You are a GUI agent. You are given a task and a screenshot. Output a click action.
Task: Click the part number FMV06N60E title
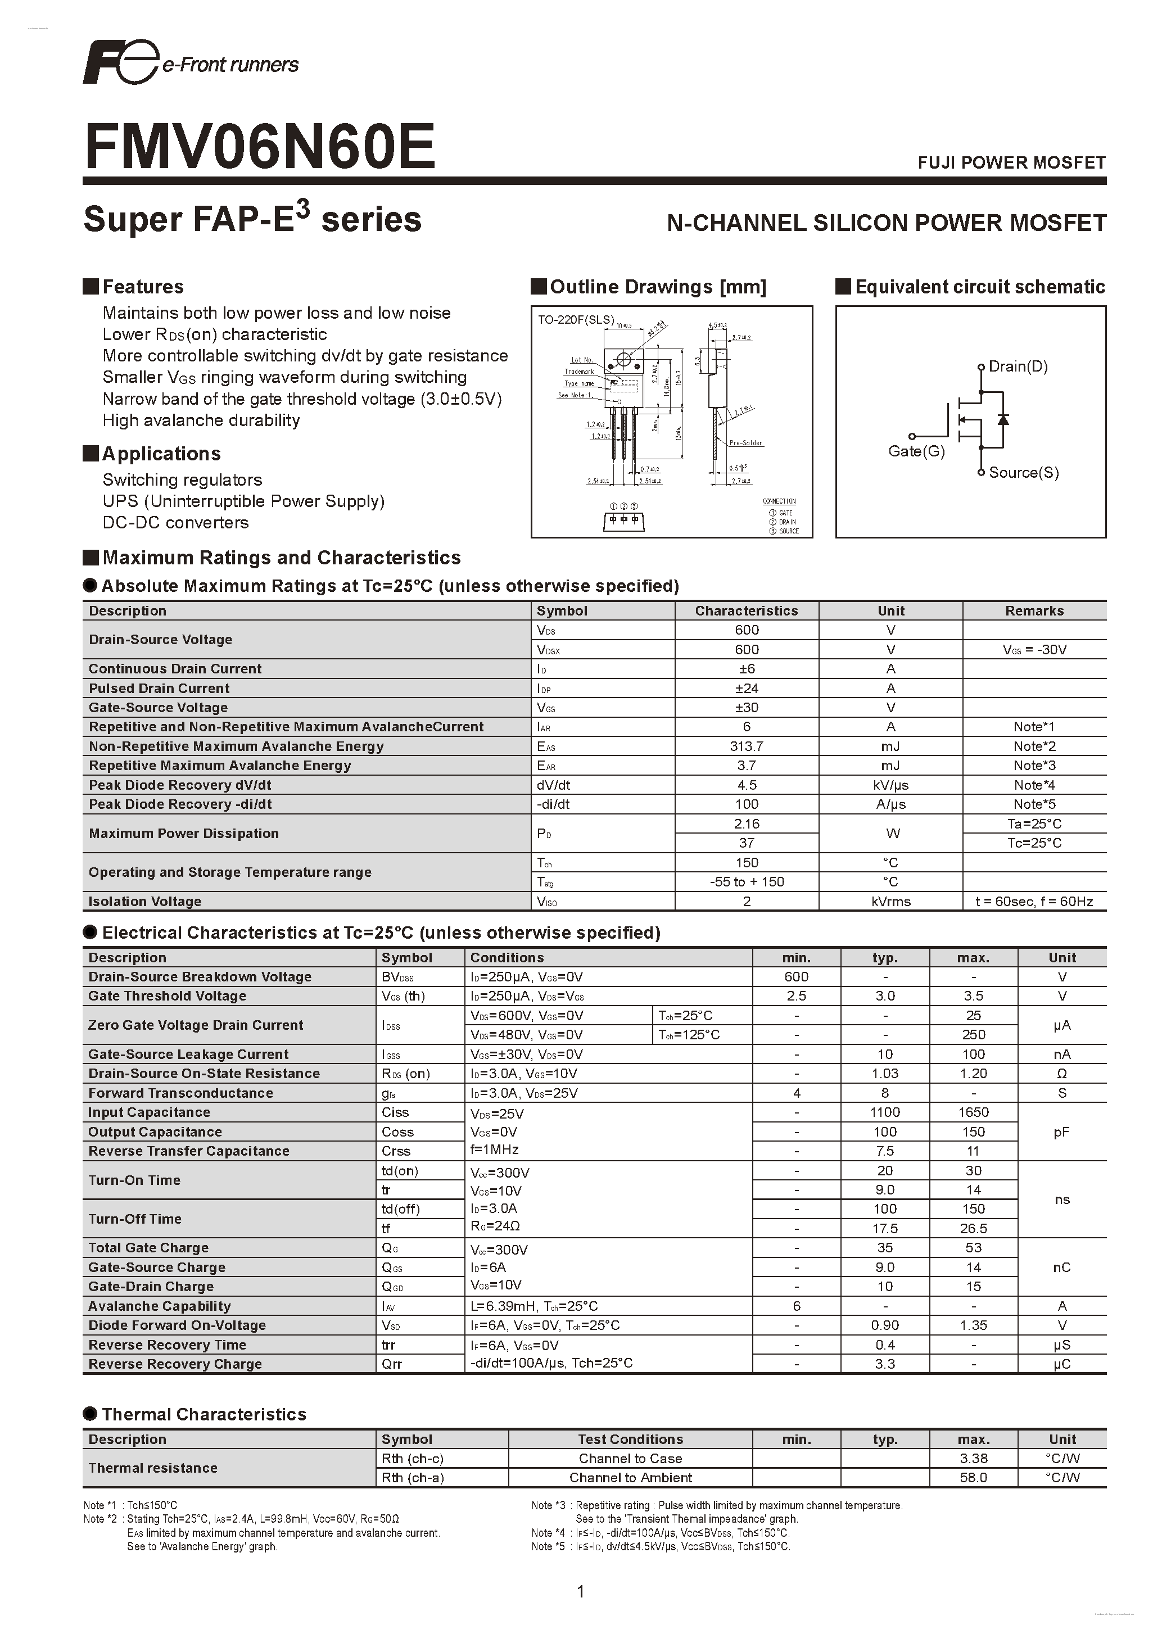259,146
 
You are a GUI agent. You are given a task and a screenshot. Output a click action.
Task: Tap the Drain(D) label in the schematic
1018,366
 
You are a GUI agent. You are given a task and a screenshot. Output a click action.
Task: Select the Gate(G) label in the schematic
916,451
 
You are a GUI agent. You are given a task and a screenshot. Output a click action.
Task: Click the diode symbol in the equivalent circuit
1003,419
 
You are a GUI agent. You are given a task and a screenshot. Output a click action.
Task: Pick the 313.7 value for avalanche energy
747,746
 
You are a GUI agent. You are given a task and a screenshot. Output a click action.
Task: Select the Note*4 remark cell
1034,785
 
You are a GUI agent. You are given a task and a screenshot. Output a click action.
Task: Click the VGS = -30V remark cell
1034,650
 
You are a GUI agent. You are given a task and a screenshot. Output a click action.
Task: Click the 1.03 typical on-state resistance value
885,1074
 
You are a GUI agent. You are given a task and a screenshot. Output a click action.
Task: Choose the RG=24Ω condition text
495,1226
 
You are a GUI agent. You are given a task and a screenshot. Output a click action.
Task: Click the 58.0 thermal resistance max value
973,1478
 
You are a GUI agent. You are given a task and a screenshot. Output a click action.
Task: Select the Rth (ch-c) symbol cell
412,1459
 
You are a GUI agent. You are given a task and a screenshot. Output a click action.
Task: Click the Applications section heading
161,454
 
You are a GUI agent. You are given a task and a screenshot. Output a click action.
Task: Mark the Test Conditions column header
630,1439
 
